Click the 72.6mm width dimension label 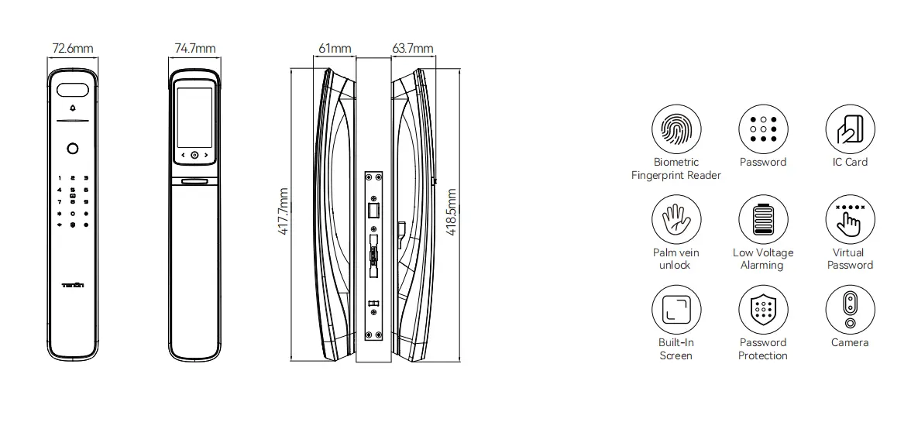click(x=73, y=49)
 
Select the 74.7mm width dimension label click(x=194, y=49)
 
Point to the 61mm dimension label click(x=335, y=49)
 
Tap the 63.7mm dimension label click(x=412, y=49)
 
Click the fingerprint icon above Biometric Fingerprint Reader click(x=676, y=129)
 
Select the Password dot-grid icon click(x=762, y=129)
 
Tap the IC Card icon click(x=850, y=129)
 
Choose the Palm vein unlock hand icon click(x=676, y=219)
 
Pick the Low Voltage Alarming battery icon click(x=762, y=219)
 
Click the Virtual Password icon click(x=850, y=219)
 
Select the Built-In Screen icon click(x=676, y=310)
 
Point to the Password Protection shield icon click(x=762, y=310)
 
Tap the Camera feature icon click(x=850, y=310)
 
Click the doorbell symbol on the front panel click(x=74, y=109)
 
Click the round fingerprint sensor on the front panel click(x=73, y=149)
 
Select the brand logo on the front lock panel click(x=73, y=286)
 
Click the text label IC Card click(x=850, y=163)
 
